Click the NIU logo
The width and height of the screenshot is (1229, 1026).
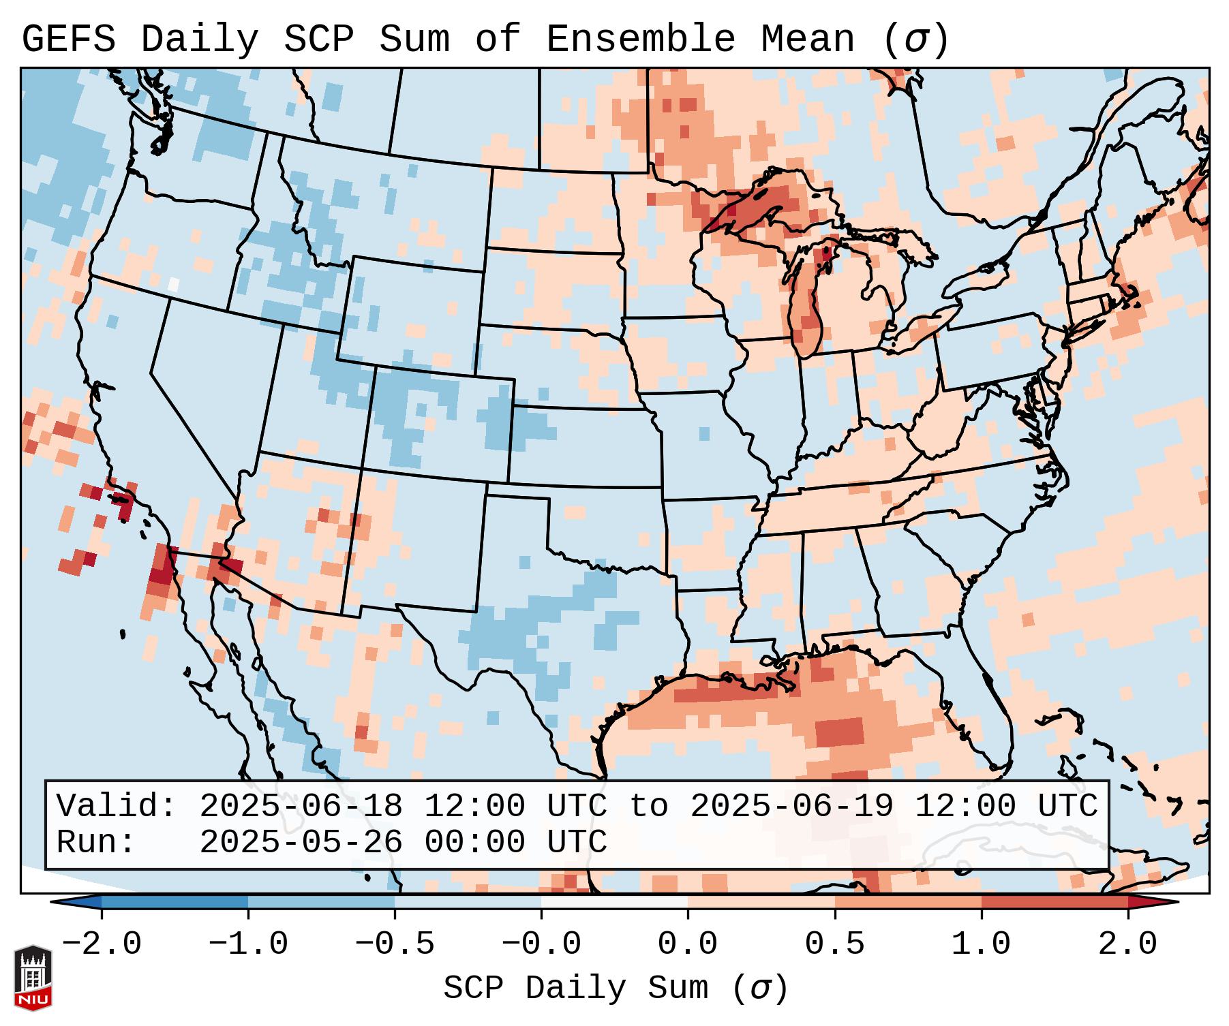[x=33, y=978]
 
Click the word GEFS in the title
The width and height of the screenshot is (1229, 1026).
[x=68, y=40]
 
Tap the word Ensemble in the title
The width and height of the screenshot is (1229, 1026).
[x=640, y=40]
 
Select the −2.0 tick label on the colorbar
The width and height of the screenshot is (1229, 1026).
[x=102, y=944]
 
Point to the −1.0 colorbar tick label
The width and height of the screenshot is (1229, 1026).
[x=248, y=944]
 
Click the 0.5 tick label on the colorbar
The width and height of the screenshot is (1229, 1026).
[x=834, y=944]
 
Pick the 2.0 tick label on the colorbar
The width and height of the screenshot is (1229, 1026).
[x=1127, y=944]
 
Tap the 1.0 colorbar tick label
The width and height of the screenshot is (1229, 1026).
[x=981, y=944]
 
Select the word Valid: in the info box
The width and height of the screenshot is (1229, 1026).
[x=117, y=806]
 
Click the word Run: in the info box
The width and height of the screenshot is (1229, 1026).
[x=96, y=842]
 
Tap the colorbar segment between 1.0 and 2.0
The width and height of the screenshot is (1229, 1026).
[x=1054, y=902]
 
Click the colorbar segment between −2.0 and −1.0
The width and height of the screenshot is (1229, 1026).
[x=175, y=902]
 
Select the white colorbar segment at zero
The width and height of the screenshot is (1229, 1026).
[x=614, y=902]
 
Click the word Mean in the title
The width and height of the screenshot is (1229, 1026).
[x=808, y=40]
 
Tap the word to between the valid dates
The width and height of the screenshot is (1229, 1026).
[x=648, y=806]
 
